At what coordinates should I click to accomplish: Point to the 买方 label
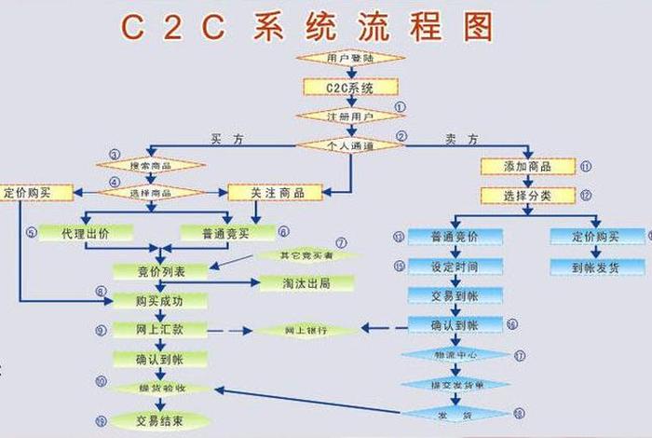pos(229,139)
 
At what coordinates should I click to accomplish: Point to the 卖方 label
pos(461,139)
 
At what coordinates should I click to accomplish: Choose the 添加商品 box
pos(528,166)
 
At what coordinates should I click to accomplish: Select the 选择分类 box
pos(528,196)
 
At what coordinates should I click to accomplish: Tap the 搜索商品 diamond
pos(151,165)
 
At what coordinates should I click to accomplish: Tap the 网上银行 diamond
pos(306,331)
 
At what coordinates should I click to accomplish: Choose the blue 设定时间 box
pos(455,267)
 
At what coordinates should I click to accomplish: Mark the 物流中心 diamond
pos(455,355)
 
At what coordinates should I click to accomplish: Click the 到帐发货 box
pos(596,267)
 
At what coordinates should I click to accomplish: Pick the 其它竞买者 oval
pos(306,254)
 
